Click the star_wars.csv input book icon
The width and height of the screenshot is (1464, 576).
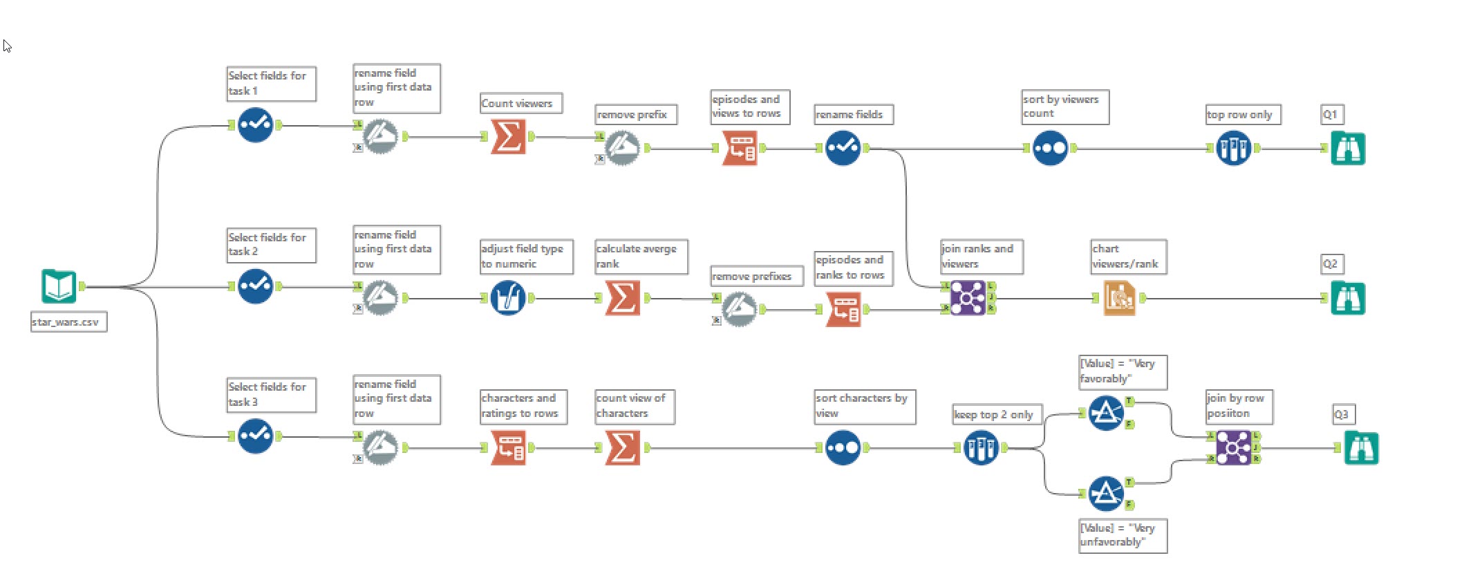click(58, 286)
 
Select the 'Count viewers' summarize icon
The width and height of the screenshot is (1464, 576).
click(508, 137)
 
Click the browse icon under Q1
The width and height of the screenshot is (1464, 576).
click(1348, 148)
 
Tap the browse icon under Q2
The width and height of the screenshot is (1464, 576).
click(1348, 299)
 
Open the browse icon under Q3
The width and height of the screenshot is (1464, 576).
click(1361, 448)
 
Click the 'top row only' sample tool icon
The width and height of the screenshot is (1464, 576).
click(1233, 148)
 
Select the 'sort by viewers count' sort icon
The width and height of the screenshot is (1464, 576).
click(1050, 148)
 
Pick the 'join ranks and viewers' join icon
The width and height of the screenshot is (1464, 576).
click(968, 298)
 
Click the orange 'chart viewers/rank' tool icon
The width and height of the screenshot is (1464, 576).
click(1119, 298)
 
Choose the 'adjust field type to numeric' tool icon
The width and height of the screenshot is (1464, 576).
click(508, 298)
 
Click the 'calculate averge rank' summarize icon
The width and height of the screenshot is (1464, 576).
click(622, 298)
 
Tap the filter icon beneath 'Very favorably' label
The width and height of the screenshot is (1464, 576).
click(1105, 413)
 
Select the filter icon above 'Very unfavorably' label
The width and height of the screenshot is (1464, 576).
click(1105, 493)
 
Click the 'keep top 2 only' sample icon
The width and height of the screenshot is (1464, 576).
click(981, 448)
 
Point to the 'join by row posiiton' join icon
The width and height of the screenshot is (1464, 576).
click(1233, 448)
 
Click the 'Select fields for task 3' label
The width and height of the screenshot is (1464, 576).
click(271, 395)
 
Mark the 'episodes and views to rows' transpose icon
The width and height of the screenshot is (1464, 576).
click(739, 148)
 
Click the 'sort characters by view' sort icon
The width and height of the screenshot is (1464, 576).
click(843, 448)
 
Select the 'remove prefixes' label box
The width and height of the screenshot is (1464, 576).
click(757, 277)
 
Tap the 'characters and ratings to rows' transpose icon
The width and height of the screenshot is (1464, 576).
click(508, 448)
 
